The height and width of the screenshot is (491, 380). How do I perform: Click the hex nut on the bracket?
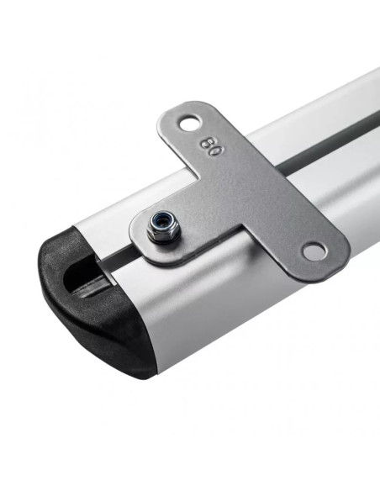(x=161, y=227)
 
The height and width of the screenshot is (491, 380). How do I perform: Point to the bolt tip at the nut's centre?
(x=161, y=223)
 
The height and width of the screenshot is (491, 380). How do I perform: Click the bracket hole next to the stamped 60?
(x=190, y=123)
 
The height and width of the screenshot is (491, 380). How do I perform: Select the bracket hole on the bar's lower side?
(x=314, y=251)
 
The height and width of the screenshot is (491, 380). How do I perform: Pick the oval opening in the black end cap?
(x=82, y=277)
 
